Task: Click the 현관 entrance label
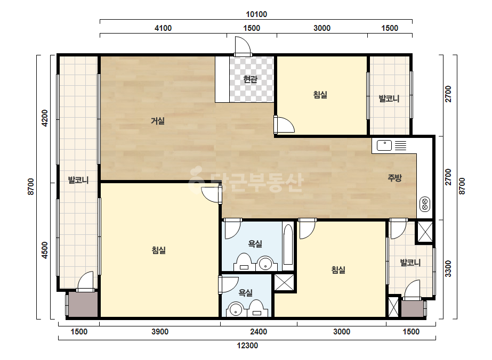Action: click(x=250, y=79)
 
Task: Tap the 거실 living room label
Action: click(x=158, y=120)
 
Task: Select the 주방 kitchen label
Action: click(x=394, y=178)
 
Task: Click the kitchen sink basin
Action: click(x=384, y=145)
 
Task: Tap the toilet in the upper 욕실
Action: click(x=244, y=262)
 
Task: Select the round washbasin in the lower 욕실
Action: click(x=235, y=309)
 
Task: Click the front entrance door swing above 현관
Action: click(x=243, y=46)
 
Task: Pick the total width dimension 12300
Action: click(x=247, y=346)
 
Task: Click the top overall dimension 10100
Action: click(x=256, y=14)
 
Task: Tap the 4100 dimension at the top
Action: click(x=163, y=28)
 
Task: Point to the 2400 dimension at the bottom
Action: click(x=259, y=332)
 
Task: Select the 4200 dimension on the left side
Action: click(x=45, y=118)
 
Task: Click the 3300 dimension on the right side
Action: click(x=448, y=269)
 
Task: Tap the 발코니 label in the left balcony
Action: click(x=78, y=180)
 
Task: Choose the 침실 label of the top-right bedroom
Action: click(x=320, y=94)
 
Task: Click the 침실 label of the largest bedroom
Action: click(x=159, y=250)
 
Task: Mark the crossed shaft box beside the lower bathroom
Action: click(x=284, y=282)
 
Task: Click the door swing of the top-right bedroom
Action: click(x=284, y=125)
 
